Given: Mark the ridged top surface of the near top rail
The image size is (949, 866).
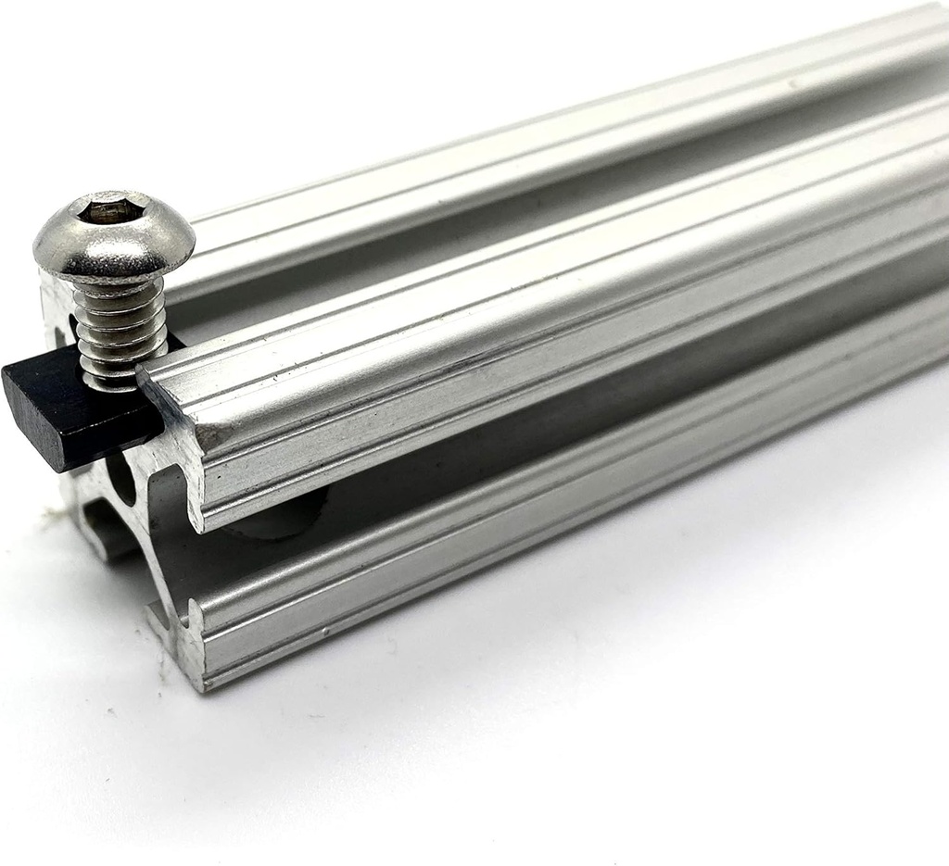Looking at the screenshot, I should (x=556, y=278).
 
